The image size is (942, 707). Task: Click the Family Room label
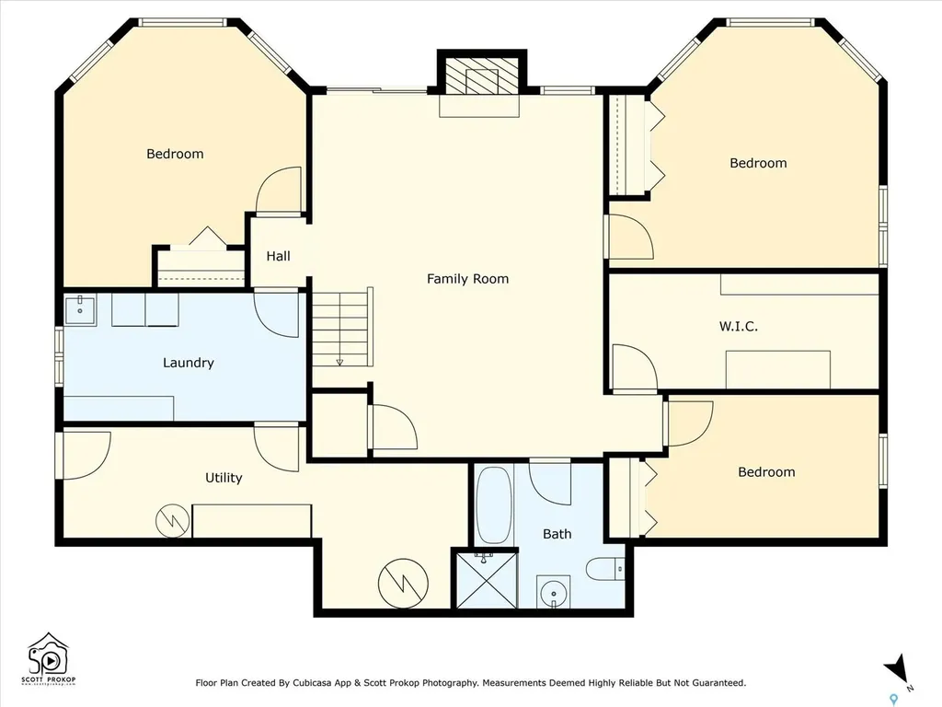(467, 278)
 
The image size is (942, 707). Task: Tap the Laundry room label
(188, 363)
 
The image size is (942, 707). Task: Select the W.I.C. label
(739, 327)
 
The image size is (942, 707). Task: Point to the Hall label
(278, 256)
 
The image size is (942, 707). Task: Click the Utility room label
(224, 478)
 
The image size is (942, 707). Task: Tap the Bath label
(557, 534)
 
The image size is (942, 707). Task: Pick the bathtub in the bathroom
(494, 505)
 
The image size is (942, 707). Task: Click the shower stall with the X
(487, 580)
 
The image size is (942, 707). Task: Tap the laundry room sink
(80, 310)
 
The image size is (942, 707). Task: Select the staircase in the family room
(342, 327)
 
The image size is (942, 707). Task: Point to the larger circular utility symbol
(403, 583)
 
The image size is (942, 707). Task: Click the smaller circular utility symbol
(173, 521)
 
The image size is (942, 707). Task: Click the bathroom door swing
(550, 482)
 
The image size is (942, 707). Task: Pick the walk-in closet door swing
(635, 368)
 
